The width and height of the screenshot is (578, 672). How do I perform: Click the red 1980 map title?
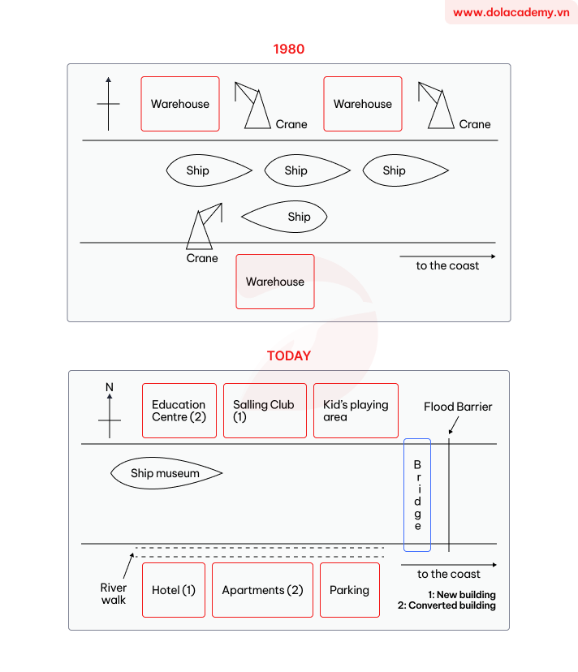(288, 50)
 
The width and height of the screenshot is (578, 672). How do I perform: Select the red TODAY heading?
(288, 355)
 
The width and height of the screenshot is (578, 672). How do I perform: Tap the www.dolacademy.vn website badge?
(511, 12)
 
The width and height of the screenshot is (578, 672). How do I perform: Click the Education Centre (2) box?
(179, 411)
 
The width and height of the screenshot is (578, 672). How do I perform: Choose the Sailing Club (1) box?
(265, 411)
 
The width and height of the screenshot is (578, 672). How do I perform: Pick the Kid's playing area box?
(356, 411)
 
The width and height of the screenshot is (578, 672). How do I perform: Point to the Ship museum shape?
(166, 473)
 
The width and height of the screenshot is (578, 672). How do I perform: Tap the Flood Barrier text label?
(458, 407)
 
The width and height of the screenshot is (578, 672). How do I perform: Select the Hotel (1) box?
(174, 590)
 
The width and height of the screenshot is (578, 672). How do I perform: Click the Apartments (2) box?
(262, 590)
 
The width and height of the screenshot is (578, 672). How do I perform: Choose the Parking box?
(349, 590)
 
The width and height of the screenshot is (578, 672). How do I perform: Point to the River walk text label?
(114, 593)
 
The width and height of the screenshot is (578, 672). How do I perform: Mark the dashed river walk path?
(260, 553)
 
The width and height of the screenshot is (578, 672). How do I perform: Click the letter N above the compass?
(110, 388)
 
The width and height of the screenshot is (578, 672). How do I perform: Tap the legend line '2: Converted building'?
(446, 605)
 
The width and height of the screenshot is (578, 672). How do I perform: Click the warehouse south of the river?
(275, 282)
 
